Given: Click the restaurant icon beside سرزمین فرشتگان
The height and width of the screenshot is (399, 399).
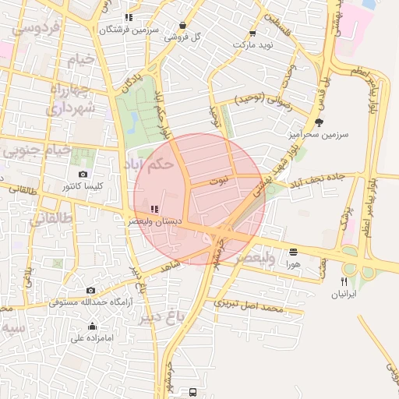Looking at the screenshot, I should pyautogui.click(x=129, y=17).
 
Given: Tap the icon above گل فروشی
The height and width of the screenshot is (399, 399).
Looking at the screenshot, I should pyautogui.click(x=182, y=25).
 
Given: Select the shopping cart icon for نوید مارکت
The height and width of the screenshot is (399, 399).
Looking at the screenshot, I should pyautogui.click(x=252, y=34).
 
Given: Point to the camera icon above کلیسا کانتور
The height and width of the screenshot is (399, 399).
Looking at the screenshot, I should pyautogui.click(x=83, y=175).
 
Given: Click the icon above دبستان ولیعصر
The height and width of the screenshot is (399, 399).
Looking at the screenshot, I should pyautogui.click(x=154, y=209).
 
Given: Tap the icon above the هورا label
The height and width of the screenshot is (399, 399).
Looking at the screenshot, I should pyautogui.click(x=293, y=252).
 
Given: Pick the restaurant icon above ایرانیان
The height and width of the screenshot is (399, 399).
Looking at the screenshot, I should pyautogui.click(x=344, y=281).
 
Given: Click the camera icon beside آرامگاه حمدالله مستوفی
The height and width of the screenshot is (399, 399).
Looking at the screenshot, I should pyautogui.click(x=91, y=290).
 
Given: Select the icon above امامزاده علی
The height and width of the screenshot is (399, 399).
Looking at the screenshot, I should pyautogui.click(x=93, y=326).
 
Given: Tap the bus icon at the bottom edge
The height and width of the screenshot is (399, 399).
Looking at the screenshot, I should pyautogui.click(x=192, y=392).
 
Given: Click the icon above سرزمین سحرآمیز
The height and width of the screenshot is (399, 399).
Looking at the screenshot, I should pyautogui.click(x=318, y=122).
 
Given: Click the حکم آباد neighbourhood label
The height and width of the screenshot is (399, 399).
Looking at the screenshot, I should pyautogui.click(x=148, y=164).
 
